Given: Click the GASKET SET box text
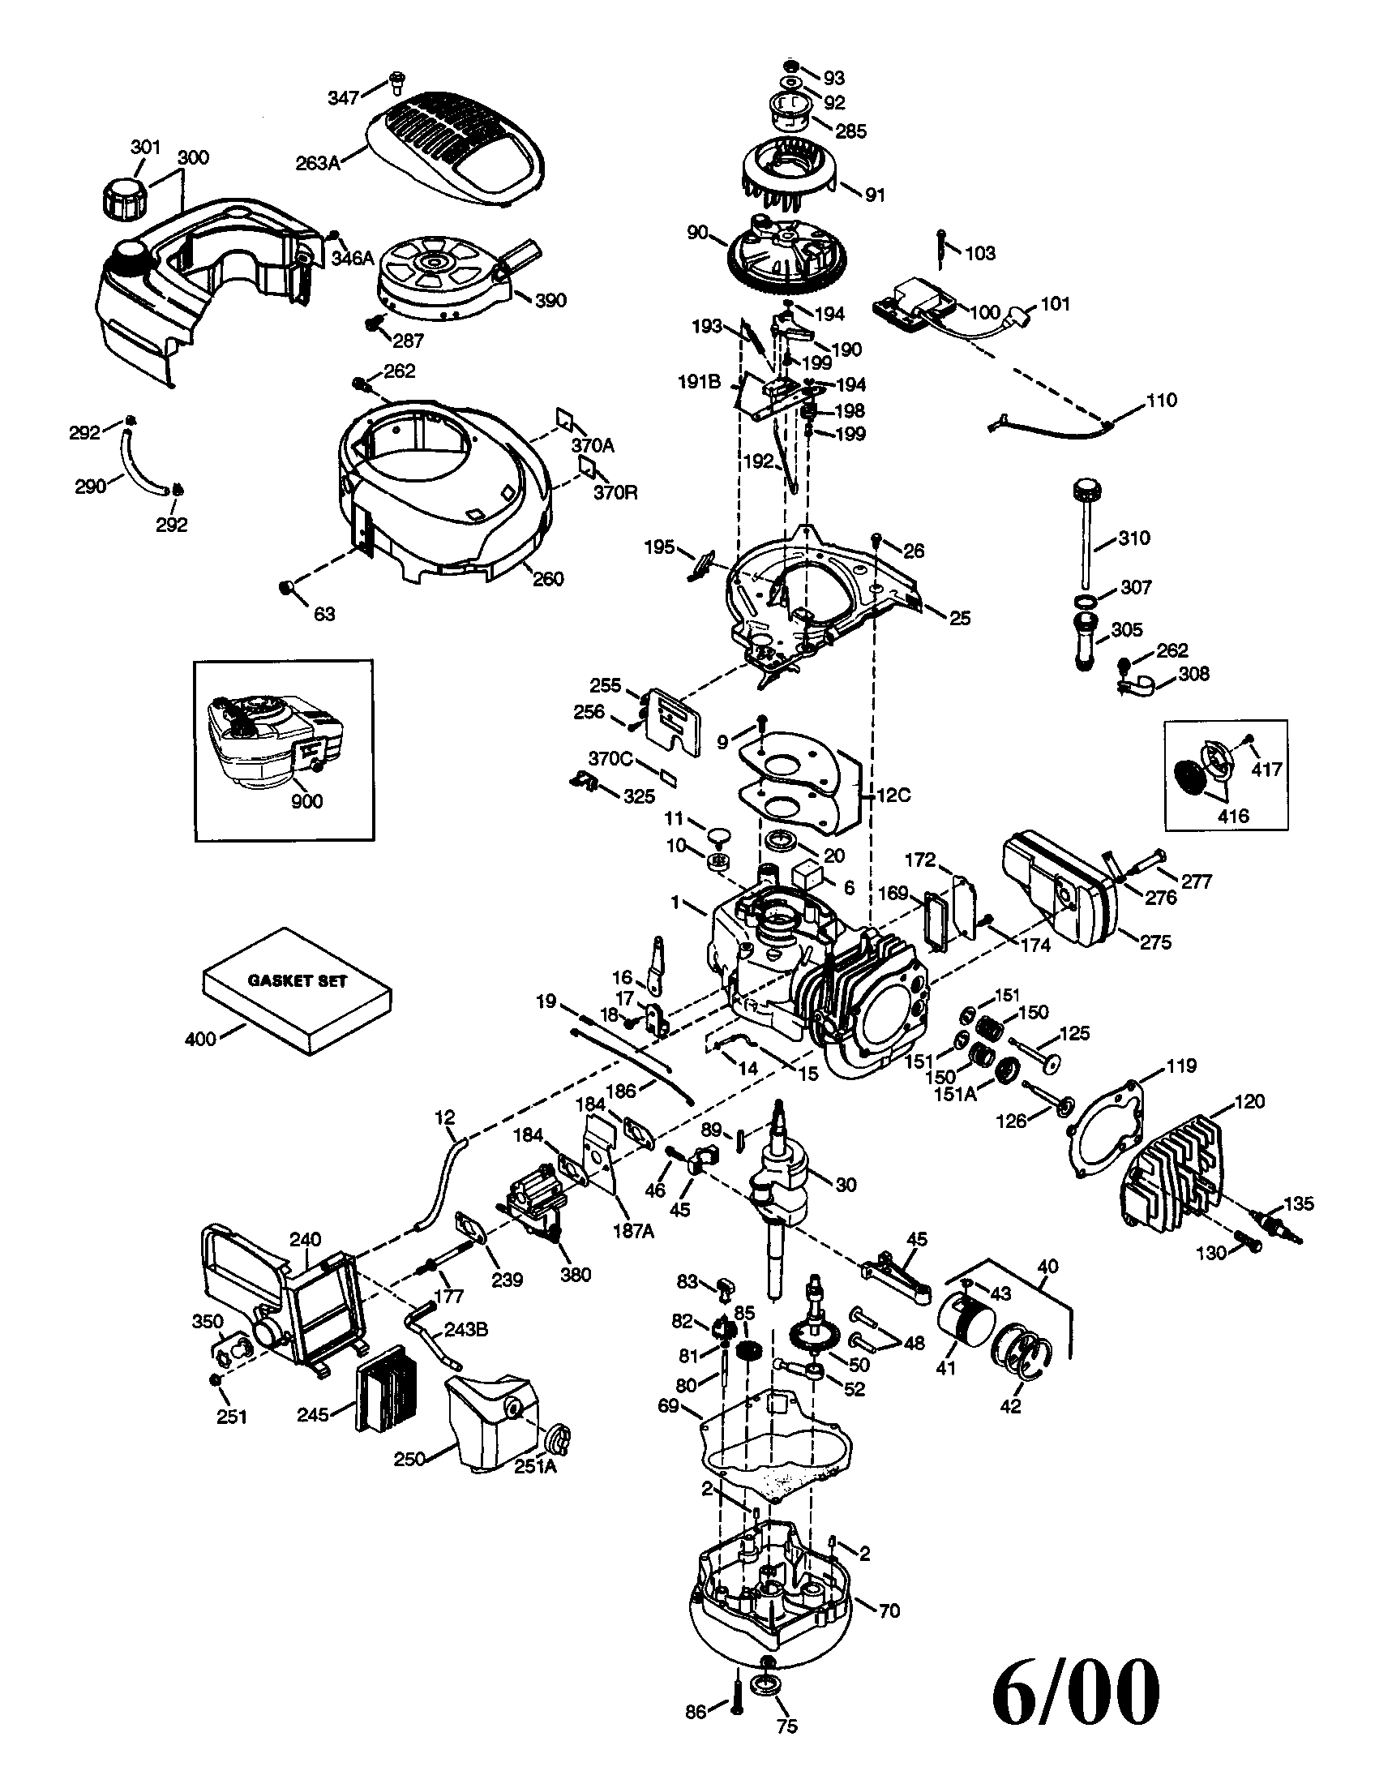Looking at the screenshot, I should (298, 980).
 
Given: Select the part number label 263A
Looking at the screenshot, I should (318, 162).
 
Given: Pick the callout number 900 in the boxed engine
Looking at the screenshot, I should (306, 800).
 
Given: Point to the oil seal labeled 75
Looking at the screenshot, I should (769, 1691).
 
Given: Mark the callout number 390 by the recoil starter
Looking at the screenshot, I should (550, 300).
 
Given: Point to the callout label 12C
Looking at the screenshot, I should (893, 795).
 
